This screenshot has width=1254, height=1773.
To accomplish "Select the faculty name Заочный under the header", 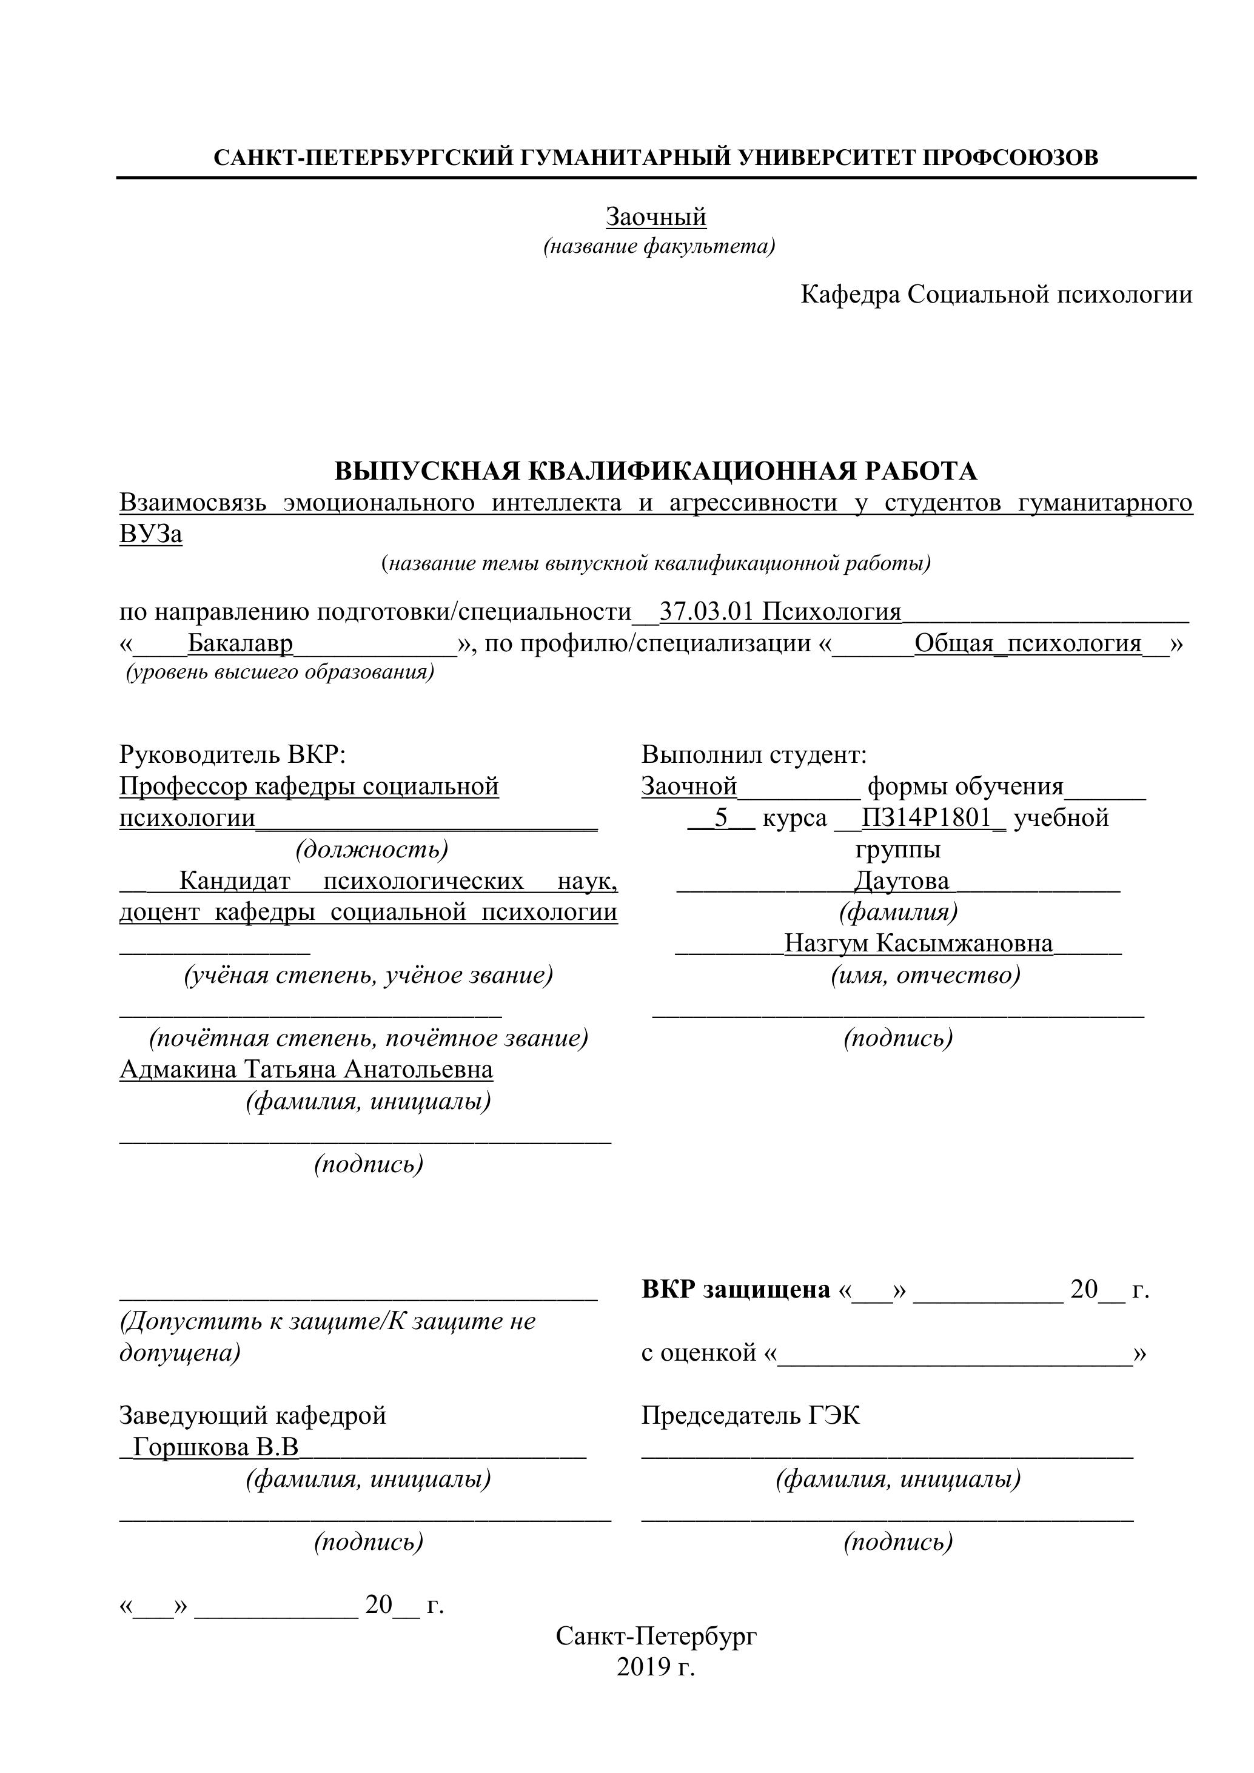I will [x=655, y=217].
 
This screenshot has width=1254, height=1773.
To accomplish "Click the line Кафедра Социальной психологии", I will [x=996, y=294].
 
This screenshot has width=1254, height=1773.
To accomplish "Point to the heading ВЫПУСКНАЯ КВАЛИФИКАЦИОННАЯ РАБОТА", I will [x=655, y=471].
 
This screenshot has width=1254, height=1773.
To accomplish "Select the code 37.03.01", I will [x=706, y=612].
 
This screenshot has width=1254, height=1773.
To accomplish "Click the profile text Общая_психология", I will [x=1027, y=643].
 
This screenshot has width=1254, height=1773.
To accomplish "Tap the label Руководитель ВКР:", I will [x=232, y=754].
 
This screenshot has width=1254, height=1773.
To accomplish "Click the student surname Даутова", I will [x=901, y=880].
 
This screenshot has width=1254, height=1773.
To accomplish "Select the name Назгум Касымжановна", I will [x=918, y=943].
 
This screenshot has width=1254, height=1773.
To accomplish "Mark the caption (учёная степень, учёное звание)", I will [x=368, y=975].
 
